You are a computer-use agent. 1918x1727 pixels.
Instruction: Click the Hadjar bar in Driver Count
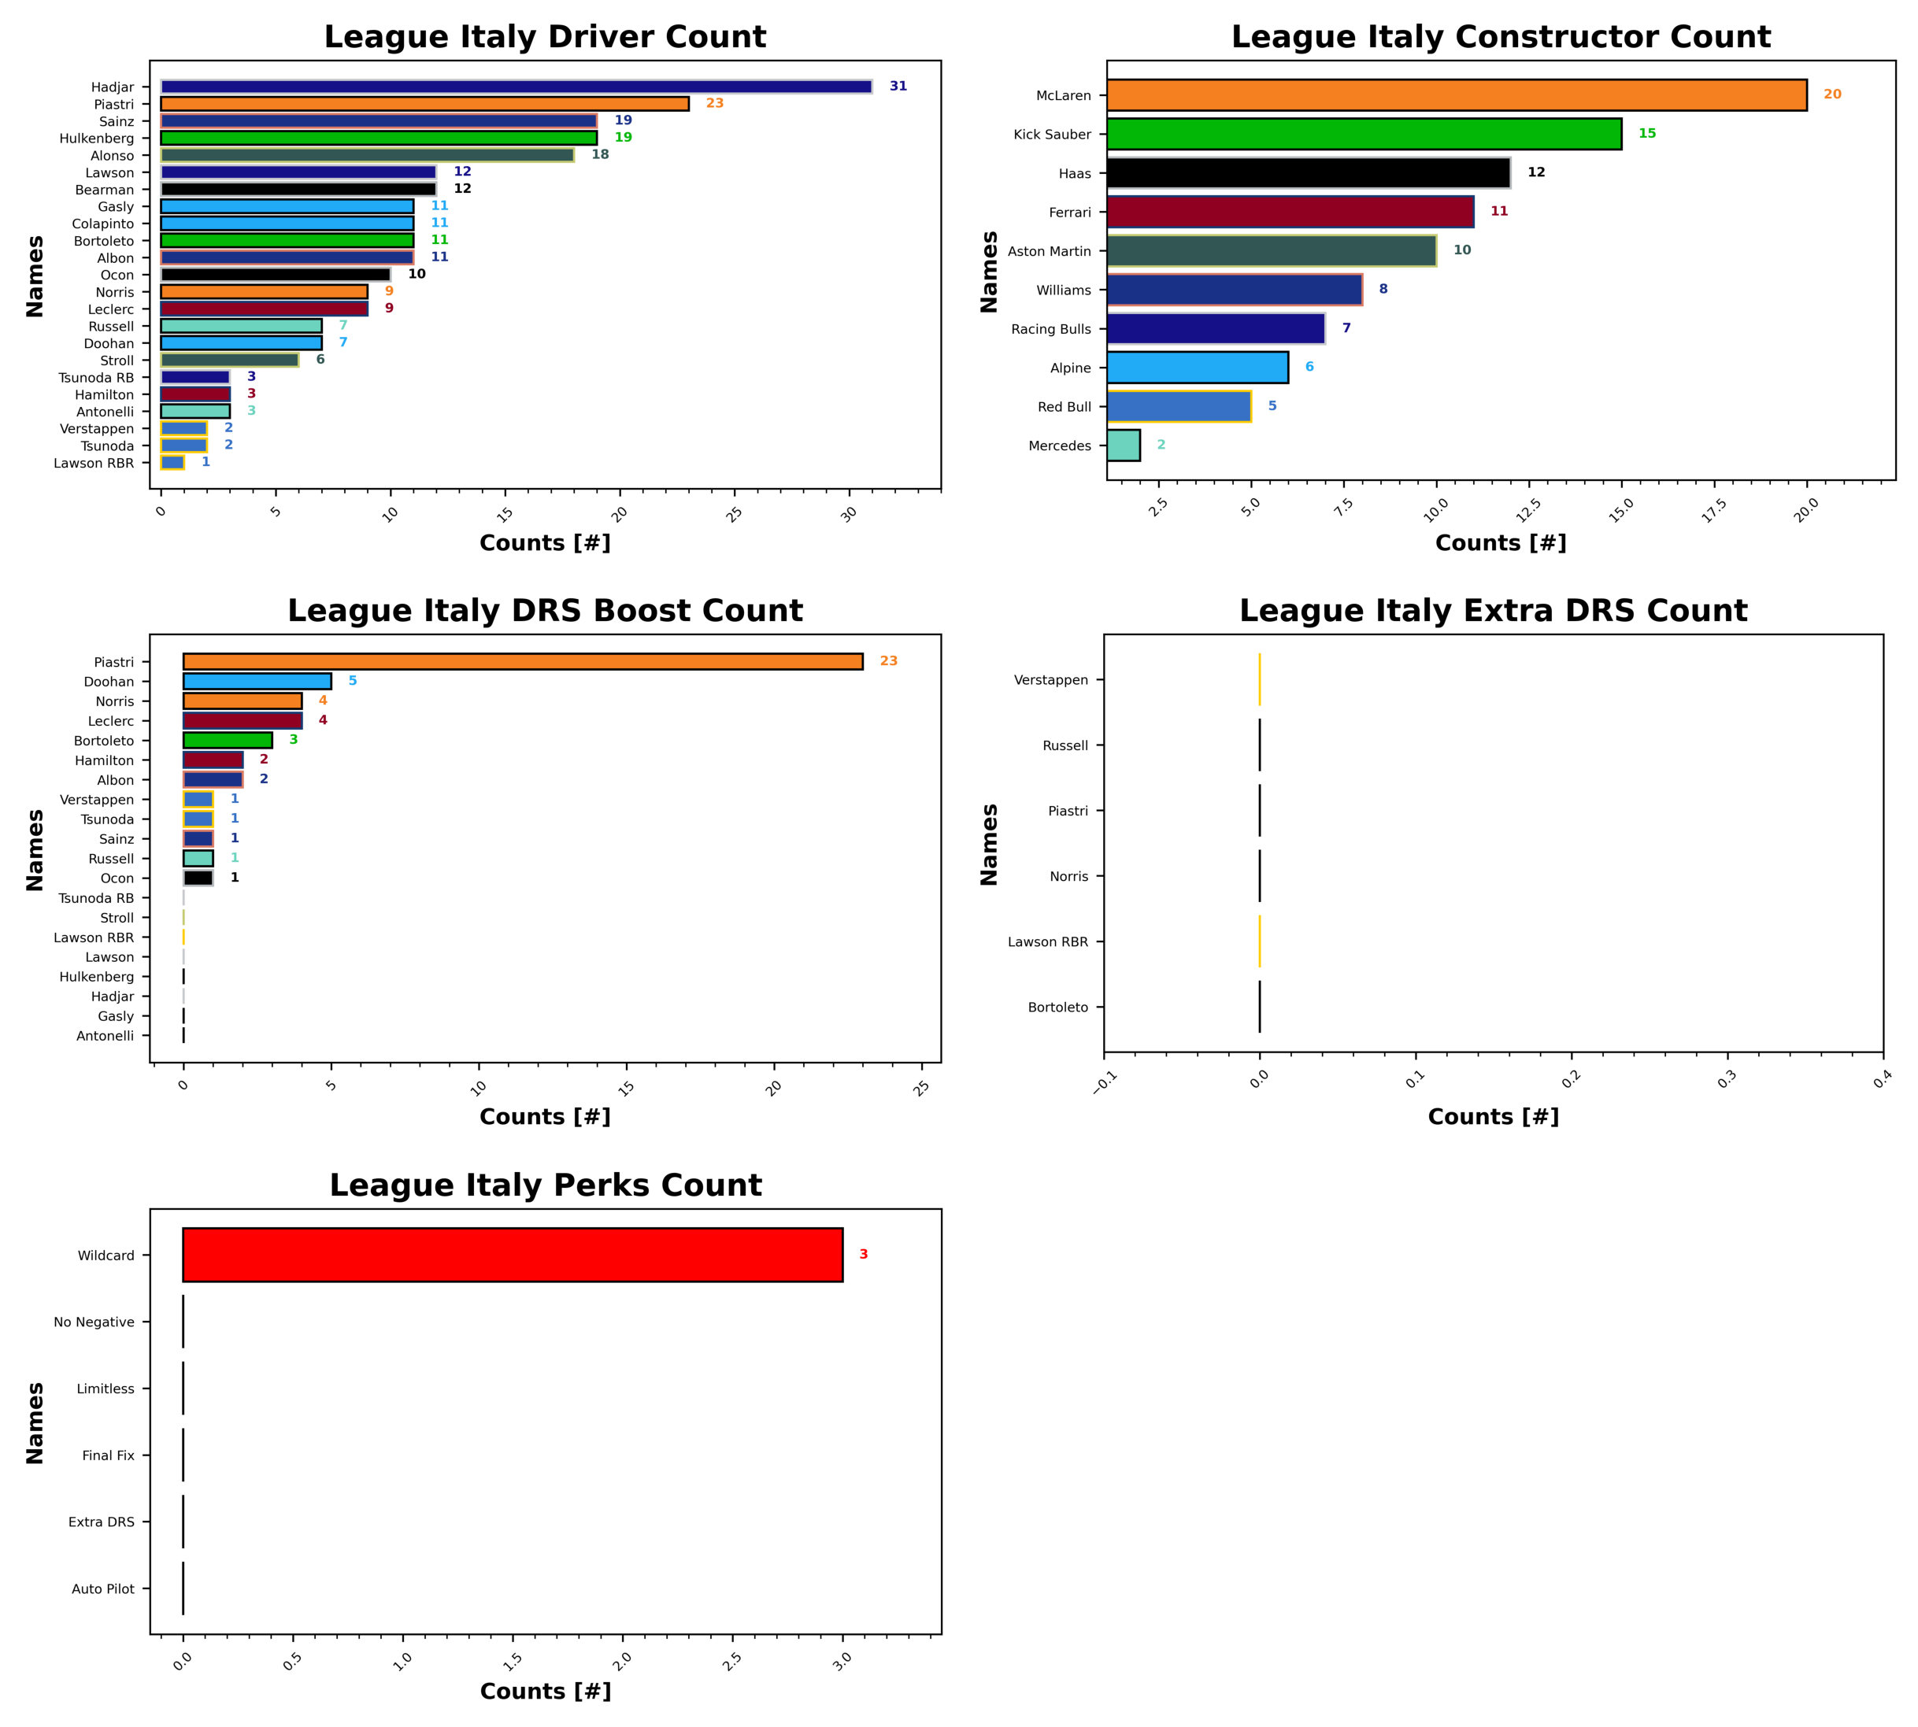pyautogui.click(x=516, y=87)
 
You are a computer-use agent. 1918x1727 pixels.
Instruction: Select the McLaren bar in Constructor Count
pyautogui.click(x=1456, y=95)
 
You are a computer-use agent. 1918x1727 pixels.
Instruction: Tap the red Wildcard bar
pyautogui.click(x=513, y=1255)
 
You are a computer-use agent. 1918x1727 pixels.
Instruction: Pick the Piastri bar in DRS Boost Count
pyautogui.click(x=523, y=661)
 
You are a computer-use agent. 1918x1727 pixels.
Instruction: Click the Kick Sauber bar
pyautogui.click(x=1364, y=134)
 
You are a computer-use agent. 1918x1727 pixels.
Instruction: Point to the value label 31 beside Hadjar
pyautogui.click(x=898, y=87)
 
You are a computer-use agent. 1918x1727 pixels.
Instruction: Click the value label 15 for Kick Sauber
pyautogui.click(x=1646, y=134)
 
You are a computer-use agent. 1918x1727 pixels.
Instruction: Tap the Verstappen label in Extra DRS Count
pyautogui.click(x=1050, y=680)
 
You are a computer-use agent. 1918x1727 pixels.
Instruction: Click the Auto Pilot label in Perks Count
pyautogui.click(x=102, y=1588)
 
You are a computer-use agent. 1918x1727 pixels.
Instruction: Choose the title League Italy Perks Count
pyautogui.click(x=545, y=1185)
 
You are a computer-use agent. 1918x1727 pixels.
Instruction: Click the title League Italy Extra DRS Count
pyautogui.click(x=1493, y=611)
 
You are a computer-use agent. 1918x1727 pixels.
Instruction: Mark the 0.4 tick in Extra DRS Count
pyautogui.click(x=1882, y=1079)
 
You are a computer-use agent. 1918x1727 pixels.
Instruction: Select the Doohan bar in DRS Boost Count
pyautogui.click(x=257, y=682)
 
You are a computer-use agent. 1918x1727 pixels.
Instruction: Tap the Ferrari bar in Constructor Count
pyautogui.click(x=1290, y=212)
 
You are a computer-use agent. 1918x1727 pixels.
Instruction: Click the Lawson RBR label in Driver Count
pyautogui.click(x=93, y=463)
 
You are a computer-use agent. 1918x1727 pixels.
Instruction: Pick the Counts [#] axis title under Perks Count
pyautogui.click(x=545, y=1691)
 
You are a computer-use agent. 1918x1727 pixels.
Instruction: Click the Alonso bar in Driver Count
pyautogui.click(x=367, y=154)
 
